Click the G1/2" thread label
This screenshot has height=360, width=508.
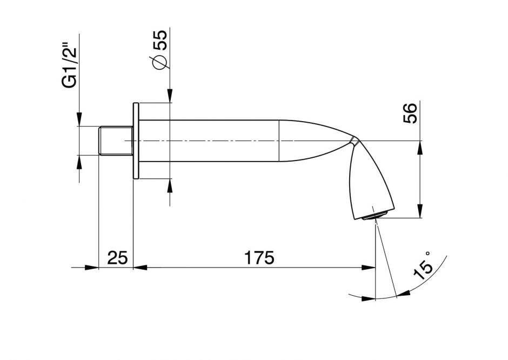[69, 66]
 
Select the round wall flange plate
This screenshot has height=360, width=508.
[137, 141]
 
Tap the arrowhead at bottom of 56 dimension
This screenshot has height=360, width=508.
[420, 212]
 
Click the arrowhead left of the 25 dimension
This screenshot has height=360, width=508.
[92, 267]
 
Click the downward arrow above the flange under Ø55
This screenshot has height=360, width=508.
[170, 96]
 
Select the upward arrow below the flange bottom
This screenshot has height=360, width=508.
[170, 185]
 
